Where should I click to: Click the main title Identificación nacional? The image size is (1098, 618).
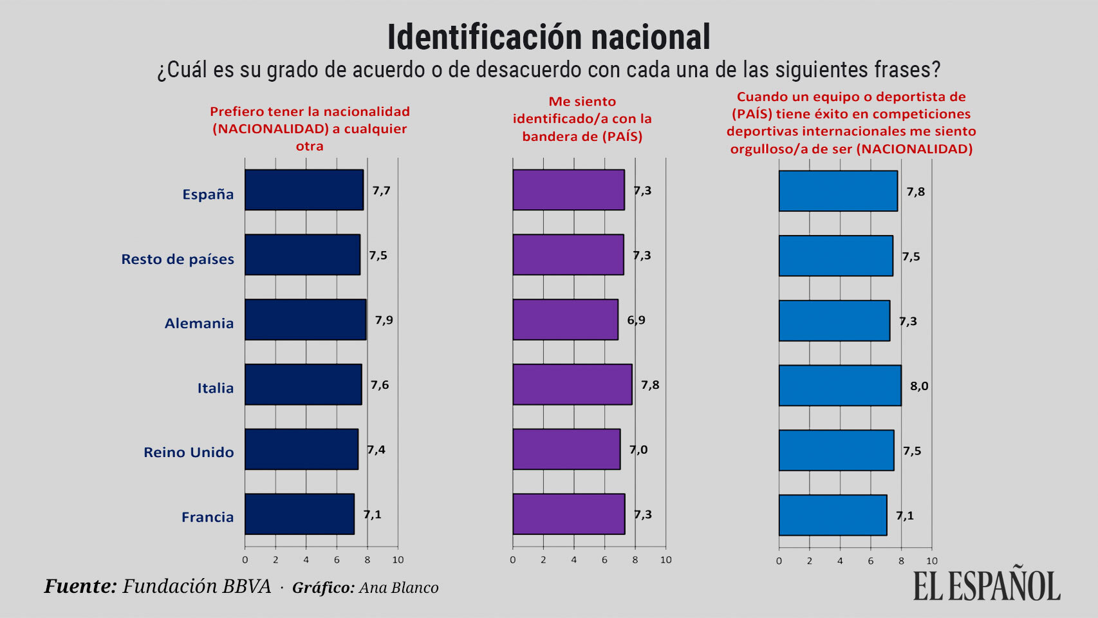click(x=548, y=37)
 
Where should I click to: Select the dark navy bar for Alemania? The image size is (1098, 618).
click(x=305, y=319)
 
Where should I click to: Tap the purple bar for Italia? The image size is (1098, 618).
click(x=572, y=384)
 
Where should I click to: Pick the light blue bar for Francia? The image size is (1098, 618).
click(x=832, y=515)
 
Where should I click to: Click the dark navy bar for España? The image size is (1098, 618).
click(x=304, y=190)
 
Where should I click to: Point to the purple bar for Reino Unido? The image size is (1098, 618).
click(x=566, y=449)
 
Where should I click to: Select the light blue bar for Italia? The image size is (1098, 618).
click(x=840, y=386)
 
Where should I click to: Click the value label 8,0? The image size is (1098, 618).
click(x=918, y=386)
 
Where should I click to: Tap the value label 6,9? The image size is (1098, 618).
click(x=636, y=320)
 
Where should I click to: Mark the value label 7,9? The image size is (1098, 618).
click(x=384, y=320)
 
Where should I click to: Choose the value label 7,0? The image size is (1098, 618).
click(x=638, y=449)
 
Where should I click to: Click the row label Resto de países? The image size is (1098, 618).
click(x=178, y=259)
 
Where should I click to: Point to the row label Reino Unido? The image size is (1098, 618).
click(x=189, y=453)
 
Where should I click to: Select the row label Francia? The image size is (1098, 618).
click(x=207, y=517)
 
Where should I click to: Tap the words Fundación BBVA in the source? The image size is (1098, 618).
click(x=196, y=586)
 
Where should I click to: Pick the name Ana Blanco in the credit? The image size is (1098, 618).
click(x=398, y=588)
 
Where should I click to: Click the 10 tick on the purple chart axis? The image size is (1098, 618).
click(x=665, y=560)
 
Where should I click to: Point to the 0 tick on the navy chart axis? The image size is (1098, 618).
click(x=245, y=560)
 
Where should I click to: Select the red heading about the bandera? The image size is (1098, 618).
click(x=582, y=118)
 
